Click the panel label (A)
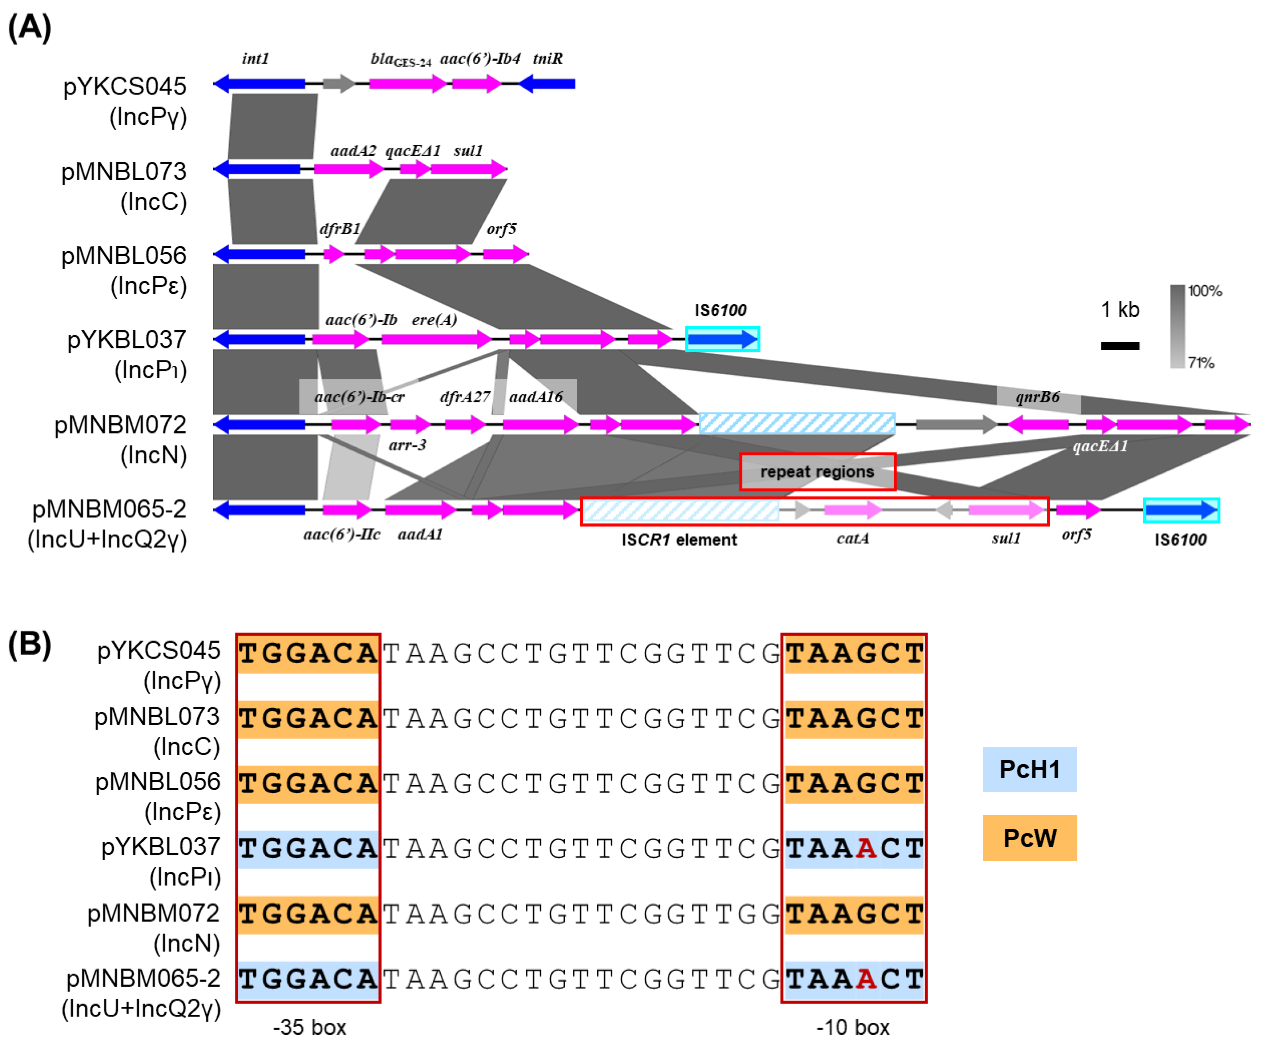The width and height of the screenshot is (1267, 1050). coord(29,28)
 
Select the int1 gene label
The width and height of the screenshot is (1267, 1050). coord(255,59)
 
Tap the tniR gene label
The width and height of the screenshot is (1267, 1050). coord(547,59)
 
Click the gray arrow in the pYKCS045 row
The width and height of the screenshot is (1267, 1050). coord(338,83)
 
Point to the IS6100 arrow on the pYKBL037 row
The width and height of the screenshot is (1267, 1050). coord(722,340)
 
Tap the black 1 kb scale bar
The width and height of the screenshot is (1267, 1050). coord(1120,346)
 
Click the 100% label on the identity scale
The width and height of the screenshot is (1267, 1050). coord(1205,291)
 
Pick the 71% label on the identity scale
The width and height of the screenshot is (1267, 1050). coord(1201,363)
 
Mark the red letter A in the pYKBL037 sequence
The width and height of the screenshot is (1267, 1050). coord(866,849)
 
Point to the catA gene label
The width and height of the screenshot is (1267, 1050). coord(852,538)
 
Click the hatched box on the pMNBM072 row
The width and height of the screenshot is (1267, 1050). coord(797,423)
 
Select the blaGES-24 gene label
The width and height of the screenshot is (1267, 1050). coord(401,60)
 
